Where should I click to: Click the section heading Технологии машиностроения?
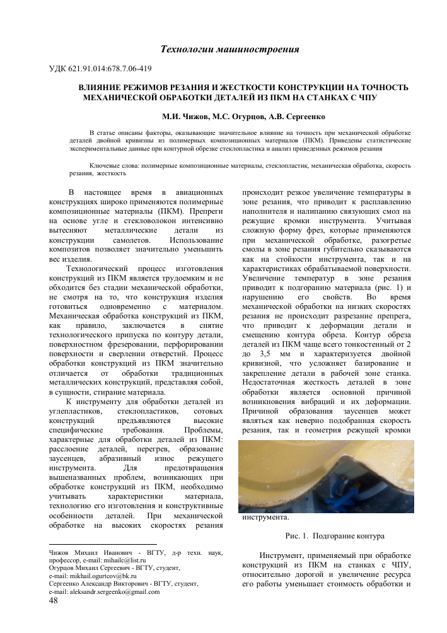click(230, 49)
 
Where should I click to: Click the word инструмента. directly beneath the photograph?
click(265, 518)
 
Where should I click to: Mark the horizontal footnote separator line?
click(102, 543)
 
